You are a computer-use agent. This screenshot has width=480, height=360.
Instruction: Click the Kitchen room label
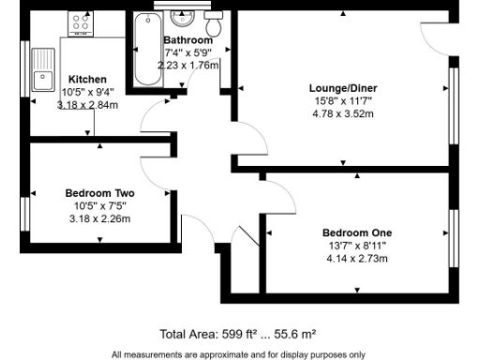tap(87, 79)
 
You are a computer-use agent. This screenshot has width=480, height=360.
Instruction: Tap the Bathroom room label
tap(188, 41)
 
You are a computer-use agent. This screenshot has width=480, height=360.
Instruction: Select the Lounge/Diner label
tap(342, 89)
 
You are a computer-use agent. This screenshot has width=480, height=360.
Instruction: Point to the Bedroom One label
tap(356, 232)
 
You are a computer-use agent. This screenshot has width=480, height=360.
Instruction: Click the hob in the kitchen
tap(78, 24)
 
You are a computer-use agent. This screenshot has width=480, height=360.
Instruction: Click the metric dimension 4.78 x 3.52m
tap(342, 113)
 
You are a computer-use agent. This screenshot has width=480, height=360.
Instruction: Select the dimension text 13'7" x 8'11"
tap(356, 245)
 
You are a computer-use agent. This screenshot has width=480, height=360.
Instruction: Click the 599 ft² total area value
tap(243, 333)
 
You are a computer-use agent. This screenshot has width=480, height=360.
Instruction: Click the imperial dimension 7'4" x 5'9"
tap(188, 53)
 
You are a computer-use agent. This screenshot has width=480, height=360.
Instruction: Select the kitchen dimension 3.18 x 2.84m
tap(87, 104)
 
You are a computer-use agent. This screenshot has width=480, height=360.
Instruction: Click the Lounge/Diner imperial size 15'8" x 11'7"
tap(342, 101)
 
